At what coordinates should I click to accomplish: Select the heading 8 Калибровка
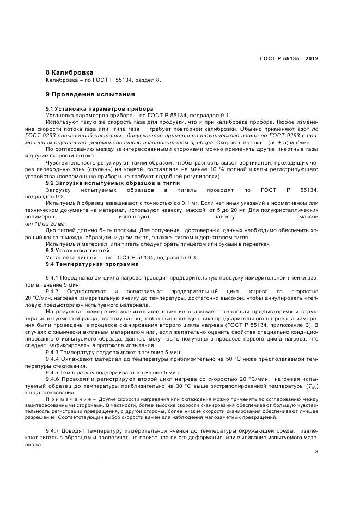point(70,72)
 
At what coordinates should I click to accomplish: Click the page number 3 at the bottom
point(316,451)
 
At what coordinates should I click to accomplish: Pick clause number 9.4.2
point(55,292)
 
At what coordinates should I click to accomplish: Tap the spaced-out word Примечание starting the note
point(68,399)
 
